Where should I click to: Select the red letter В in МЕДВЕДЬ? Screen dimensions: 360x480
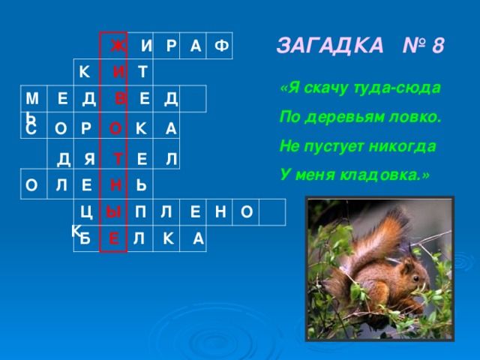click(x=120, y=98)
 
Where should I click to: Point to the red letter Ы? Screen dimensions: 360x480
click(x=112, y=212)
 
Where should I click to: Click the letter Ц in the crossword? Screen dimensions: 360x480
click(x=86, y=212)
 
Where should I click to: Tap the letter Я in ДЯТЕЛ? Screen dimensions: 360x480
click(x=89, y=159)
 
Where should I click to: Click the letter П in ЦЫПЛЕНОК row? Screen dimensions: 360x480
click(x=140, y=212)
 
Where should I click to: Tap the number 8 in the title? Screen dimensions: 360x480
click(x=437, y=45)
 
